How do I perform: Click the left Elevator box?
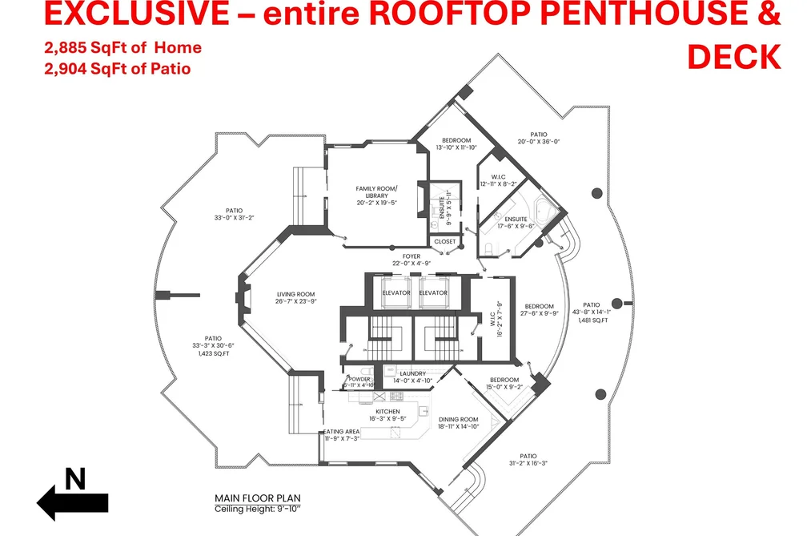pos(396,292)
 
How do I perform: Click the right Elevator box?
pos(433,292)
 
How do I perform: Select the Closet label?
pos(445,242)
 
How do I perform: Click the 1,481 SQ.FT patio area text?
pos(592,320)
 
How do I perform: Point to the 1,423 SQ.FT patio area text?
pos(213,354)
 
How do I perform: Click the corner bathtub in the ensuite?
pos(546,211)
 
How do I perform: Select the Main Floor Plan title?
pos(258,498)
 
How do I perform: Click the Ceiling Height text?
pos(258,509)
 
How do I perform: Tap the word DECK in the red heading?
pos(734,57)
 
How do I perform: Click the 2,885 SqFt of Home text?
pos(122,47)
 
